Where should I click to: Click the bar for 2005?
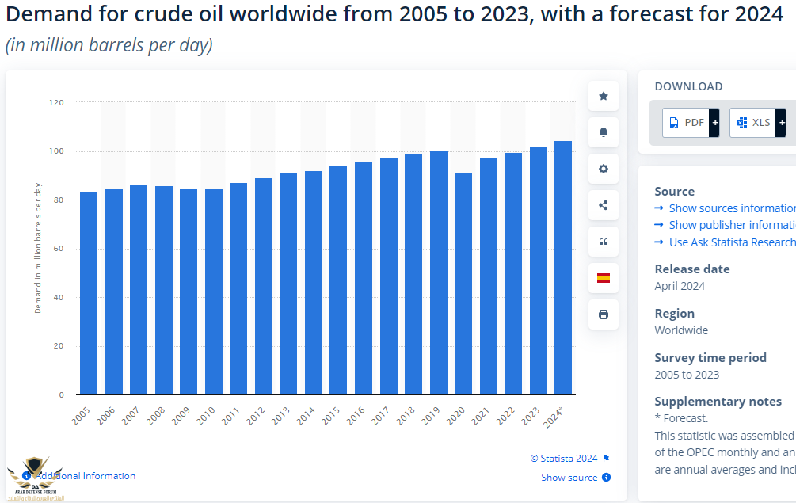tap(89, 293)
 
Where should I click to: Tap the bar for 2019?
tap(438, 272)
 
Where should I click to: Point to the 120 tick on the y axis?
tap(56, 102)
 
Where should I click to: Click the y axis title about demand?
tap(38, 247)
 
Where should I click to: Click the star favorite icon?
tap(604, 96)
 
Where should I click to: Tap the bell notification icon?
tap(604, 132)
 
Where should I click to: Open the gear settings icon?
tap(604, 169)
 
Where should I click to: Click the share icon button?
tap(604, 205)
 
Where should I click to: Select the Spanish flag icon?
tap(604, 278)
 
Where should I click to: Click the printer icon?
tap(604, 314)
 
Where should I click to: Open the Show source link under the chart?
tap(569, 478)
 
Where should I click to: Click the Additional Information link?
tap(86, 476)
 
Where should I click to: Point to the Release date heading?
tap(691, 269)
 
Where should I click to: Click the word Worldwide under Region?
tap(681, 330)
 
